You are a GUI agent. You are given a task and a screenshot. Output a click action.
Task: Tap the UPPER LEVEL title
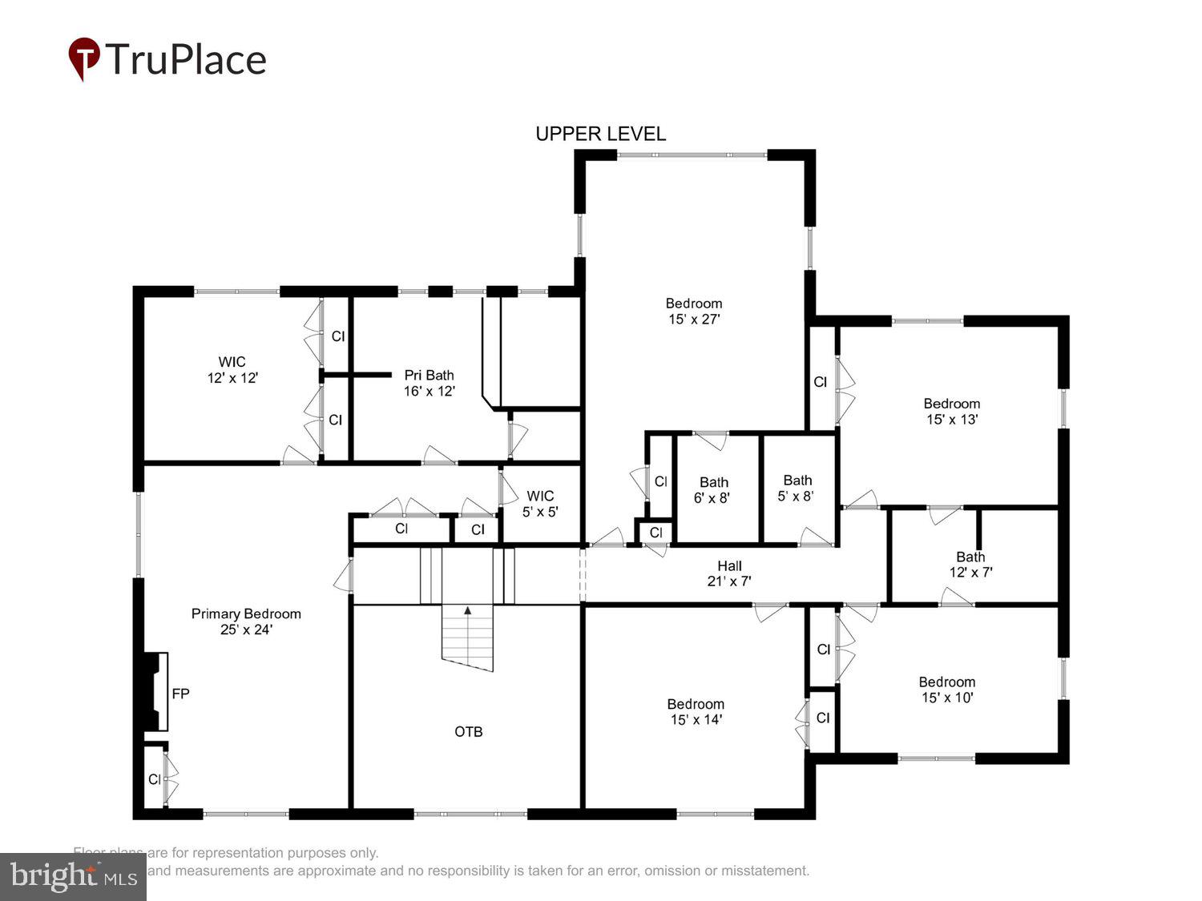click(600, 134)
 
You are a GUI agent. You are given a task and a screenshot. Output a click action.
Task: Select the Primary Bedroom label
click(246, 621)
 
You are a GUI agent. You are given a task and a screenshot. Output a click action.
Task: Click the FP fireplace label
click(180, 694)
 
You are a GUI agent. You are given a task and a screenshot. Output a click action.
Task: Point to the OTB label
click(469, 731)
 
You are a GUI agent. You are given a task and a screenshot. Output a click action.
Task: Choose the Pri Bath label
click(429, 383)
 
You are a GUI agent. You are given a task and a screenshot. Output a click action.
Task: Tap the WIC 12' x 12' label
click(232, 370)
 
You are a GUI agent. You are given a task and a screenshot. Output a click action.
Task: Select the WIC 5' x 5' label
click(540, 504)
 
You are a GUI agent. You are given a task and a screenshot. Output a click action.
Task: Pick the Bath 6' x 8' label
click(713, 490)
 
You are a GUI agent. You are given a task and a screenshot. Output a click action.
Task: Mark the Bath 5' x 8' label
click(797, 488)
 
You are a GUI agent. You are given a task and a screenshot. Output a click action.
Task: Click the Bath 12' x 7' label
click(970, 565)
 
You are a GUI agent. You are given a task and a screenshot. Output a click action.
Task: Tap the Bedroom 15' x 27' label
click(694, 311)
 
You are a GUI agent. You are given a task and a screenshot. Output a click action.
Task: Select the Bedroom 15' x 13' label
click(952, 411)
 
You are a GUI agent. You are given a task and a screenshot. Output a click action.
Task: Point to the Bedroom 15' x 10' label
click(947, 690)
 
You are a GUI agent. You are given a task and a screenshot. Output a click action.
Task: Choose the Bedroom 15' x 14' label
click(696, 711)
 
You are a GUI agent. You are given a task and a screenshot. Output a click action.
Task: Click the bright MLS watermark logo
click(73, 876)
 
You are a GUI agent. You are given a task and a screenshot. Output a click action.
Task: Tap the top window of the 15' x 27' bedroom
click(692, 155)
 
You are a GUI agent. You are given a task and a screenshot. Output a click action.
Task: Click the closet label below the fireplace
click(155, 779)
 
